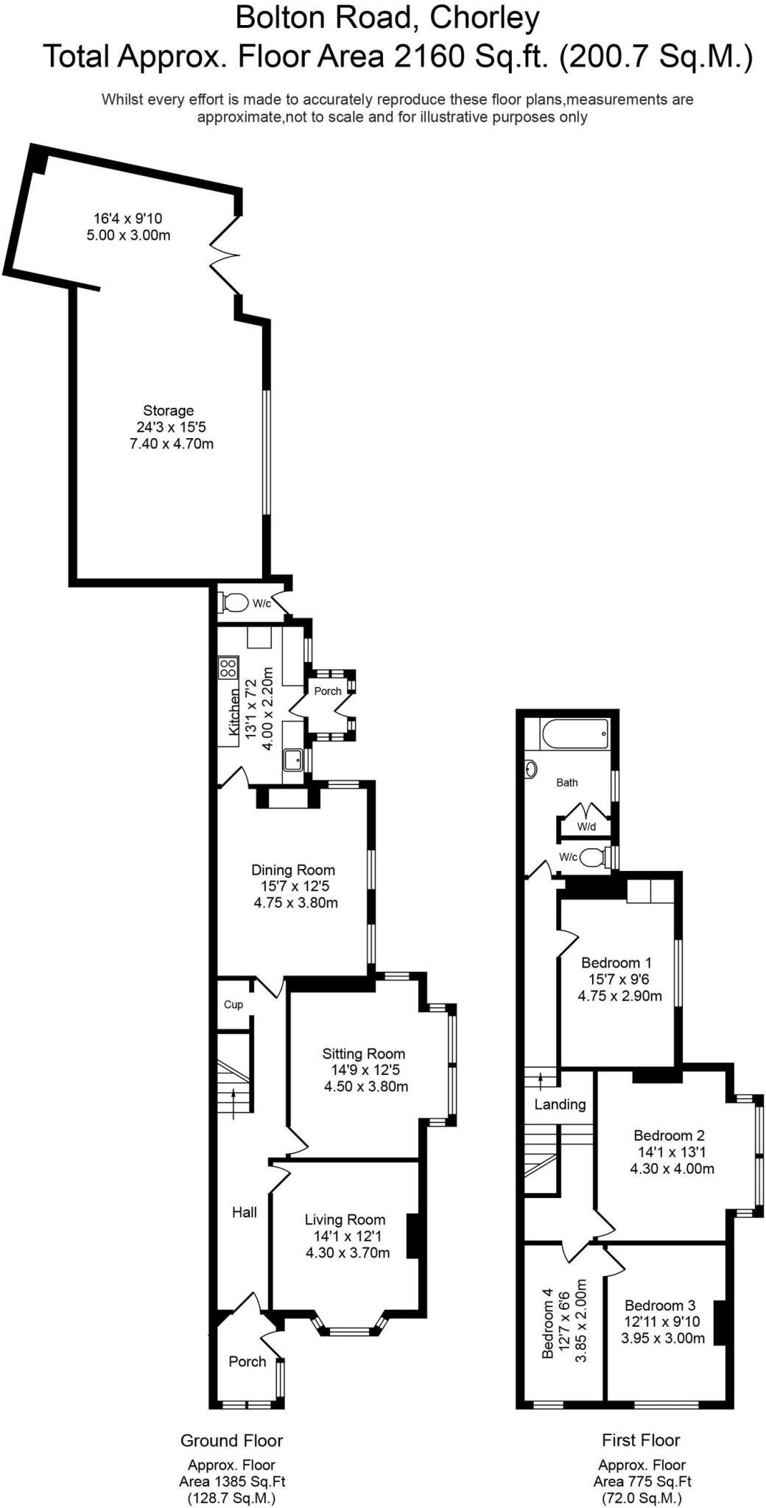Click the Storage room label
pyautogui.click(x=168, y=411)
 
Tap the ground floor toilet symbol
pyautogui.click(x=233, y=603)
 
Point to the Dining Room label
pyautogui.click(x=293, y=870)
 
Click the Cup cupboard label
pyautogui.click(x=233, y=1004)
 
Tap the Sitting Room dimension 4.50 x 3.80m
pyautogui.click(x=366, y=1086)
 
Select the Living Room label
pyautogui.click(x=345, y=1219)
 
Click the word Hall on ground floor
pyautogui.click(x=245, y=1212)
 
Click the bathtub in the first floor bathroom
pyautogui.click(x=574, y=733)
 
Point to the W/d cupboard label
pyautogui.click(x=586, y=827)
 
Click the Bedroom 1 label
pyautogui.click(x=616, y=962)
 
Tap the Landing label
pyautogui.click(x=560, y=1104)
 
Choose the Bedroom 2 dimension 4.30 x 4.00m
pyautogui.click(x=672, y=1169)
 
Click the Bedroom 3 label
pyautogui.click(x=660, y=1306)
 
